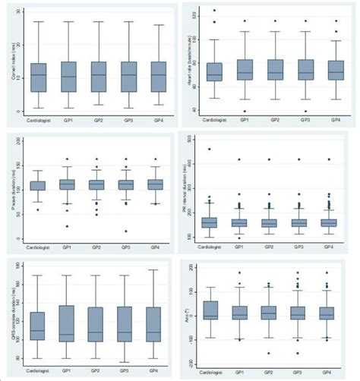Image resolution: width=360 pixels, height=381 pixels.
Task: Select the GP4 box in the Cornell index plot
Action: click(x=157, y=77)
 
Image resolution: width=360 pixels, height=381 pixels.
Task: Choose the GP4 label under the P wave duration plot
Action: click(x=157, y=247)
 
